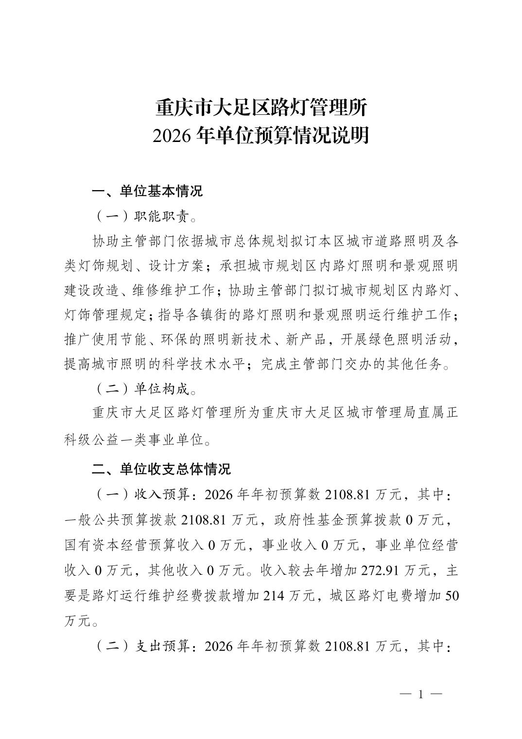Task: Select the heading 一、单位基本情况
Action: [147, 191]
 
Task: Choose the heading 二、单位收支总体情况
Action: [161, 469]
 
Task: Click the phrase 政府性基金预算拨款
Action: [331, 520]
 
